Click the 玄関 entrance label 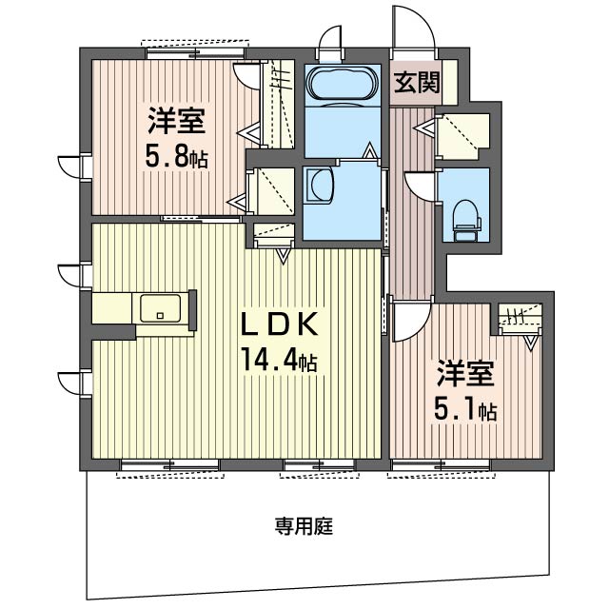[x=417, y=83]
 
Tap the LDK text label [x=280, y=324]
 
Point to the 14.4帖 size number [x=279, y=360]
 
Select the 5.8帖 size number [x=177, y=156]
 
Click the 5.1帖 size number [x=465, y=409]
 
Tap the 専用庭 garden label [x=304, y=526]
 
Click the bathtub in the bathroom [x=343, y=84]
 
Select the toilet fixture [x=467, y=220]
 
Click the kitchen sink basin [x=161, y=308]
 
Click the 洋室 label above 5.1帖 [x=465, y=373]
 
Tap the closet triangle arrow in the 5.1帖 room [x=531, y=343]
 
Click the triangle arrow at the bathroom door [x=369, y=150]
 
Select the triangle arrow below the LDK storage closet [x=284, y=256]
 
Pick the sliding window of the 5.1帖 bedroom [x=441, y=464]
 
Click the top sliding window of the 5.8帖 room [x=196, y=53]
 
